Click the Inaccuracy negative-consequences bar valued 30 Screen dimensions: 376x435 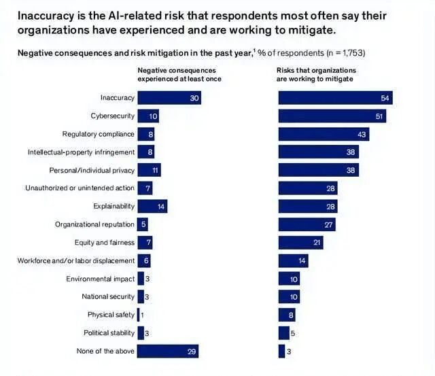[169, 98]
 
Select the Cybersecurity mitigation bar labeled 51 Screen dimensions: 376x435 [332, 116]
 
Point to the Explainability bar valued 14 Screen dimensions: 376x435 [152, 206]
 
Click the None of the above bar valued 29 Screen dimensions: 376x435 [168, 351]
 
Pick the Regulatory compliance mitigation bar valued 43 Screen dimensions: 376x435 [324, 134]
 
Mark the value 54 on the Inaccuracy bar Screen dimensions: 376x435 [385, 99]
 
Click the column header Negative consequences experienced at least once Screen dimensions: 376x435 [179, 74]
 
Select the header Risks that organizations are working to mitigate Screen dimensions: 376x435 [316, 74]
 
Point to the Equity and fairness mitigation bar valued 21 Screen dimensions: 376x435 [300, 243]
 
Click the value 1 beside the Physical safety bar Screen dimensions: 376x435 [143, 315]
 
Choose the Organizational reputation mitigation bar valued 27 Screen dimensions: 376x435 [307, 224]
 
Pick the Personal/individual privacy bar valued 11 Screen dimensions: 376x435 [149, 170]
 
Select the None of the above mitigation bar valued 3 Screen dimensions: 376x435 [281, 351]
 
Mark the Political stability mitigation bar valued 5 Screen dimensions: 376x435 [283, 333]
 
